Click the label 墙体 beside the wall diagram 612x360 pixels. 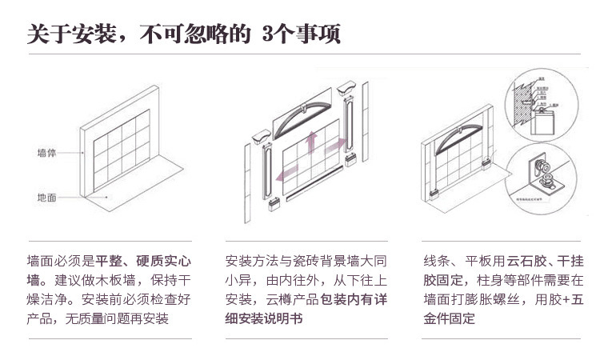click(46, 152)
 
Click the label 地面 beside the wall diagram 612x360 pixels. click(46, 197)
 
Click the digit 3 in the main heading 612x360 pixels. click(268, 34)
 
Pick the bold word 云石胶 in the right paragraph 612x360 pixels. click(526, 262)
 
